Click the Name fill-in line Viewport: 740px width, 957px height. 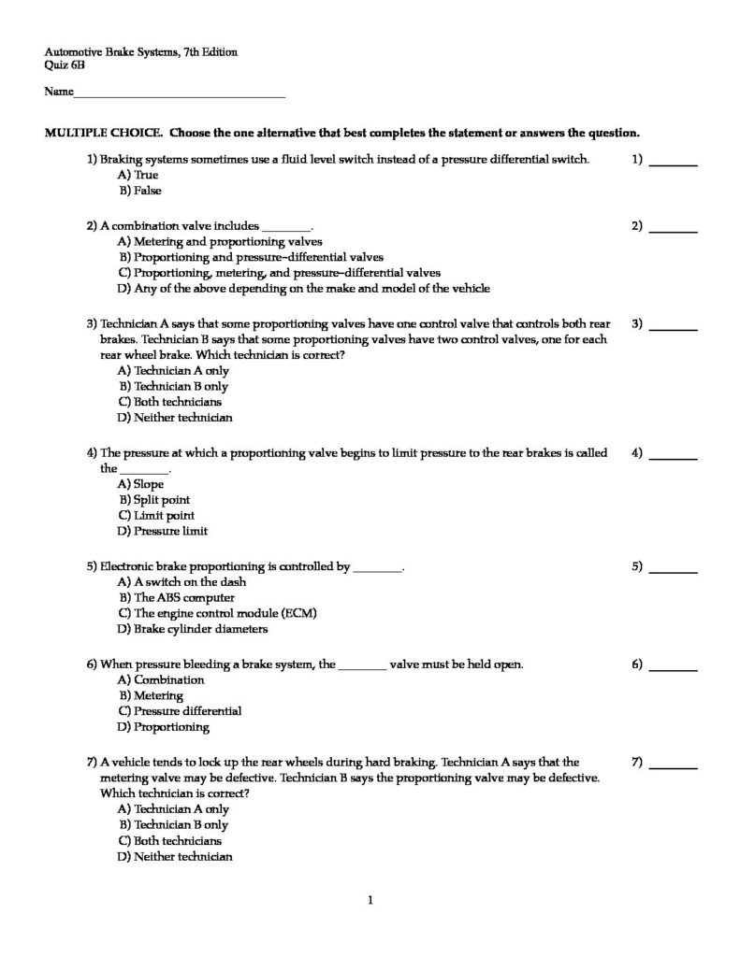point(179,95)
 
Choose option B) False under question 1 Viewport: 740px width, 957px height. point(139,191)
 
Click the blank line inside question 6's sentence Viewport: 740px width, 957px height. point(362,665)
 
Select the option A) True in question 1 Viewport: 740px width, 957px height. point(138,175)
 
